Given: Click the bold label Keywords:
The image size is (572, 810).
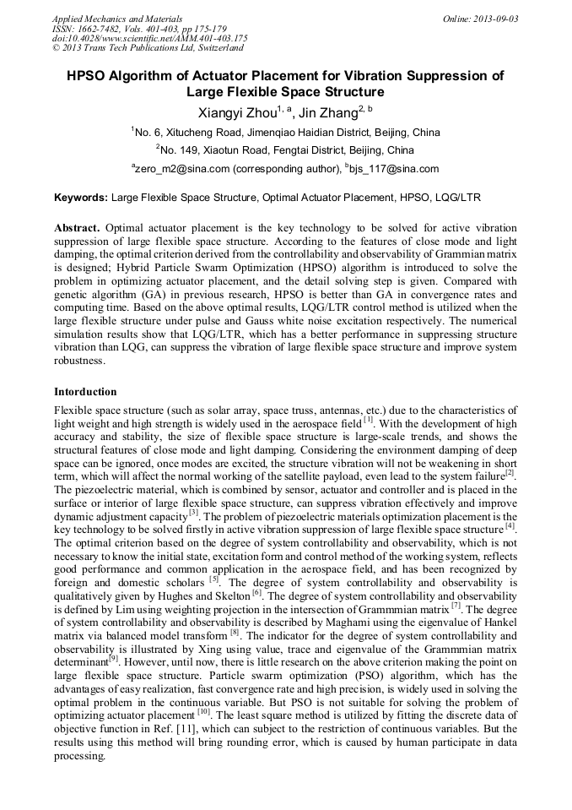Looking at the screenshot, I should pos(81,198).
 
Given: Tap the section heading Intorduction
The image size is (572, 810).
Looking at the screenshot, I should pos(85,392).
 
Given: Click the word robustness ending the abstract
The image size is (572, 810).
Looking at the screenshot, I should pos(79,360).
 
